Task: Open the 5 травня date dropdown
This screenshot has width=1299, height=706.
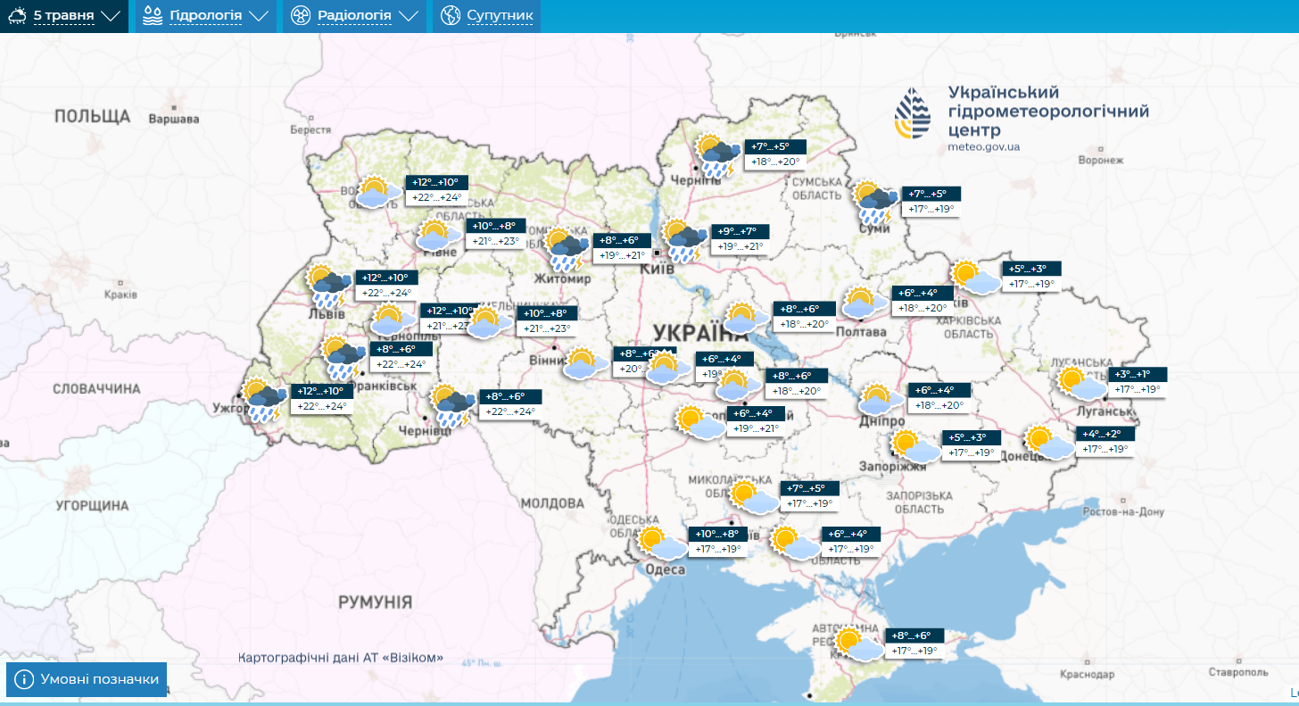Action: (x=64, y=16)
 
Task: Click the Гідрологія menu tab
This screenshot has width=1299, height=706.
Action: (x=205, y=16)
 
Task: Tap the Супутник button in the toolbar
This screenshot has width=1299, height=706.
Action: (x=487, y=16)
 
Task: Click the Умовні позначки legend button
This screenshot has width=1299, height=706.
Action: (x=87, y=679)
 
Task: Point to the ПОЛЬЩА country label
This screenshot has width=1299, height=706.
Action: (x=92, y=117)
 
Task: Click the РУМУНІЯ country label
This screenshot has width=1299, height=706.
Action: (x=375, y=602)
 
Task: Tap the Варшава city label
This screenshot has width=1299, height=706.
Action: (x=173, y=120)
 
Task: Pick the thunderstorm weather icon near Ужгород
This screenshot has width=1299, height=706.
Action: (x=263, y=401)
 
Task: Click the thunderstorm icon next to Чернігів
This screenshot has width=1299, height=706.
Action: (x=716, y=155)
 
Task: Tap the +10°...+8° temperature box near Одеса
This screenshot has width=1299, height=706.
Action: (x=716, y=534)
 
